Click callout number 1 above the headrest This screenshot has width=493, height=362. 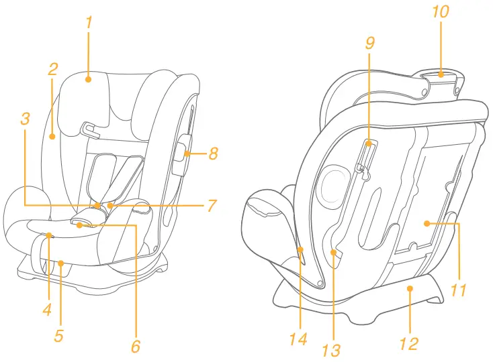[89, 21]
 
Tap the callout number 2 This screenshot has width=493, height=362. [53, 68]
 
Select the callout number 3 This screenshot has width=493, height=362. [25, 119]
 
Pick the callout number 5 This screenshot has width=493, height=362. [59, 336]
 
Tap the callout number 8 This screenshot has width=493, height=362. [214, 154]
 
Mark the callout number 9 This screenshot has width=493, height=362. [369, 44]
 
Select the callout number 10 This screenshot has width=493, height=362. [441, 12]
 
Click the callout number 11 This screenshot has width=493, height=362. [459, 290]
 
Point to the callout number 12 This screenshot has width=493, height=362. [408, 343]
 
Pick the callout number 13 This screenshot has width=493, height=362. [331, 349]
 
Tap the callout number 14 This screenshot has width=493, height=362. [298, 339]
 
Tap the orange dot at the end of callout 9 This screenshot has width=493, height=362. [369, 143]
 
